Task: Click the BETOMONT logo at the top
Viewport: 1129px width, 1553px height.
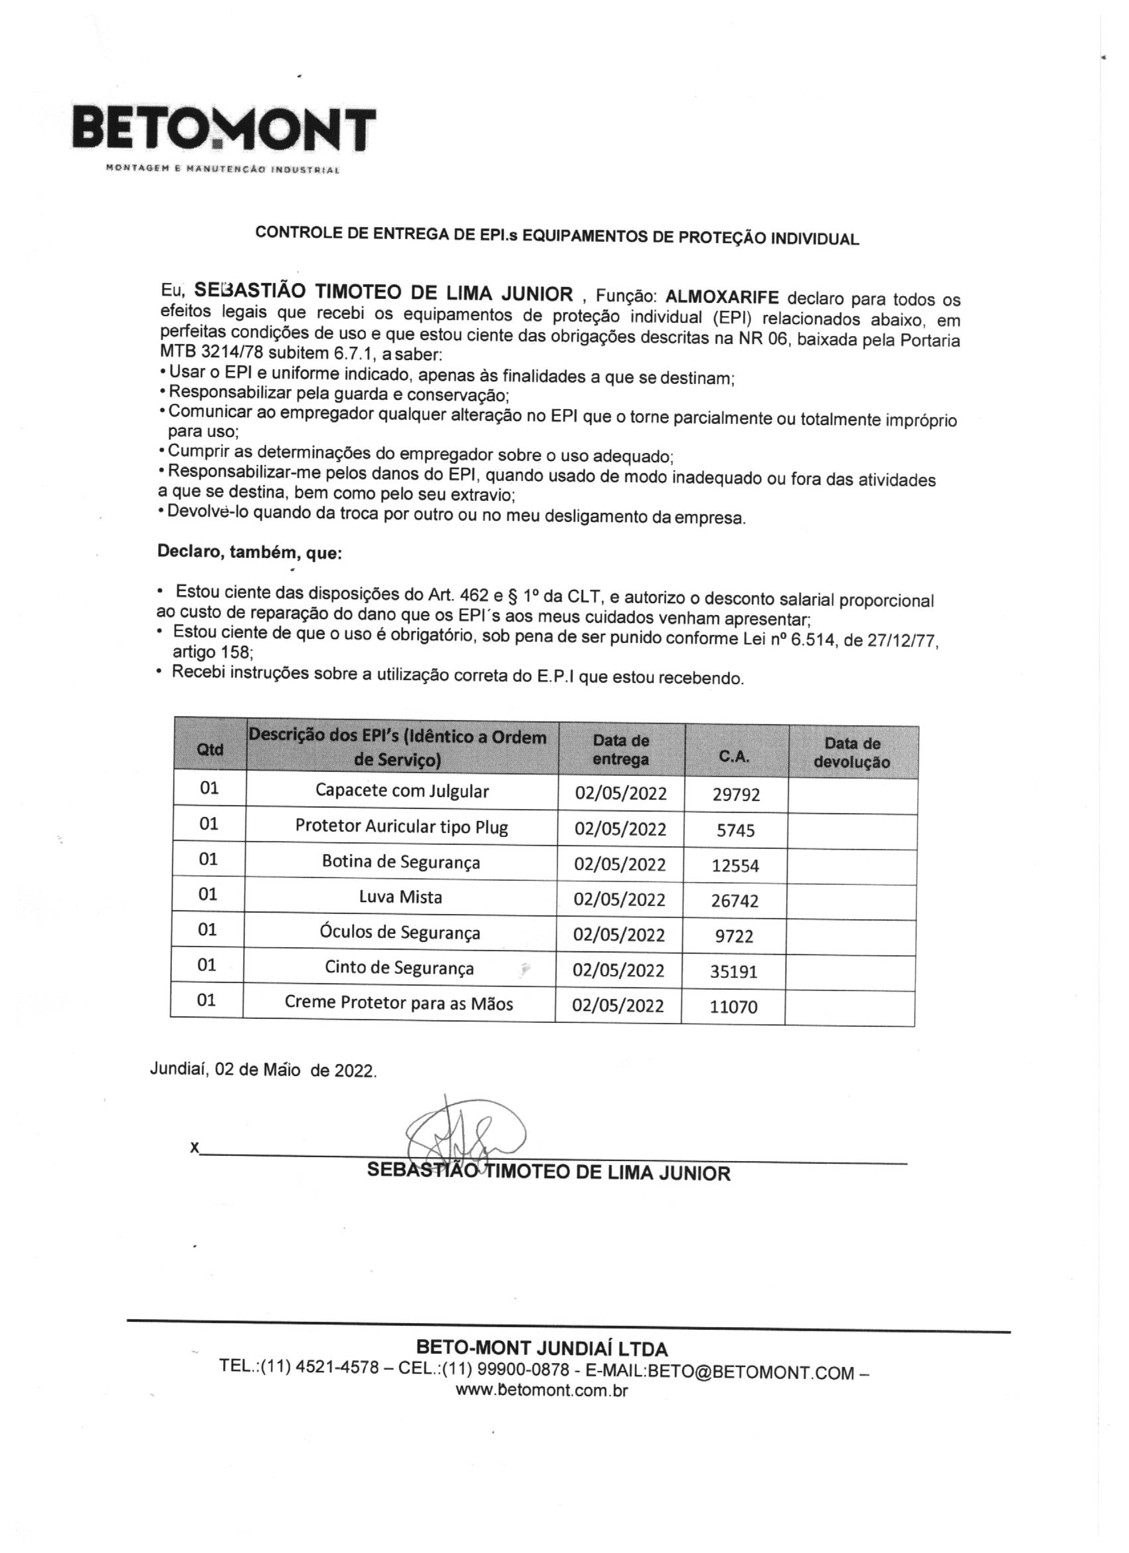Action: click(x=224, y=130)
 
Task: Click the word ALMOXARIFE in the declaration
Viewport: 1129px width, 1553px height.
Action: click(x=722, y=297)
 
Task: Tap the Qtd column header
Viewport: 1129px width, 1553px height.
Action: click(x=209, y=749)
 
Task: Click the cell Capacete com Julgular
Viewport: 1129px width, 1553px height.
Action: click(x=402, y=791)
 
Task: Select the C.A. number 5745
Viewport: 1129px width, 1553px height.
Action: click(x=735, y=830)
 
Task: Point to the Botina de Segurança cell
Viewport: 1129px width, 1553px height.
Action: click(x=400, y=862)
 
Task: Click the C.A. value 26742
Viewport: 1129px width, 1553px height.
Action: click(x=735, y=901)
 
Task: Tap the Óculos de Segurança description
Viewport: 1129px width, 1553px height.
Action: click(x=400, y=933)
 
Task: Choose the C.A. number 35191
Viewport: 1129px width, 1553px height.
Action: click(x=733, y=972)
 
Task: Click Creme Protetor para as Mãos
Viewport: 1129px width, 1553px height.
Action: click(x=398, y=1004)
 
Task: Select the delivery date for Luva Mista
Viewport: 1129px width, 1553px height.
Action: click(x=619, y=899)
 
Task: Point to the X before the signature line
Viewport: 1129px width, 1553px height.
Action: click(x=195, y=1148)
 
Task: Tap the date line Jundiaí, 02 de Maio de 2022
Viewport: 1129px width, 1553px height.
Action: click(x=263, y=1070)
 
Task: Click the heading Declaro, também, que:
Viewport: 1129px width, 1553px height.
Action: click(x=249, y=552)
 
